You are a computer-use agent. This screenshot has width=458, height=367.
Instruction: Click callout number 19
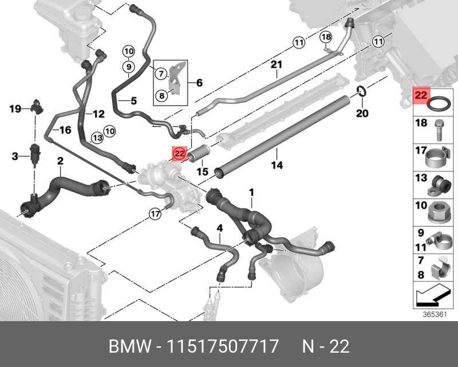(x=15, y=108)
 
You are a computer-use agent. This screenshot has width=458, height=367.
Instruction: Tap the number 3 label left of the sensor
(x=15, y=155)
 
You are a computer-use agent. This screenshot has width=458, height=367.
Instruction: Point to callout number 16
(x=65, y=130)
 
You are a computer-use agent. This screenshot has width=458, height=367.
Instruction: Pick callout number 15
(x=202, y=171)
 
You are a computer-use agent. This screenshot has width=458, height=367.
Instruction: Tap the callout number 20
(x=362, y=114)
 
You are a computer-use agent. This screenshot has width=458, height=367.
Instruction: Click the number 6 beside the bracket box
(x=199, y=83)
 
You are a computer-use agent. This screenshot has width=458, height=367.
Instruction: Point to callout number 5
(x=133, y=101)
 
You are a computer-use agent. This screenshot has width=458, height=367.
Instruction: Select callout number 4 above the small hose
(x=219, y=229)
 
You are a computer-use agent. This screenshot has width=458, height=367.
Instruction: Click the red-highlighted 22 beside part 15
(x=180, y=153)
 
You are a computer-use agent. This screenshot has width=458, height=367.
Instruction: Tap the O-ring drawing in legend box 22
(x=438, y=106)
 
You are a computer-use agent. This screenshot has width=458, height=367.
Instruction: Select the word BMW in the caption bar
(x=128, y=346)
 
